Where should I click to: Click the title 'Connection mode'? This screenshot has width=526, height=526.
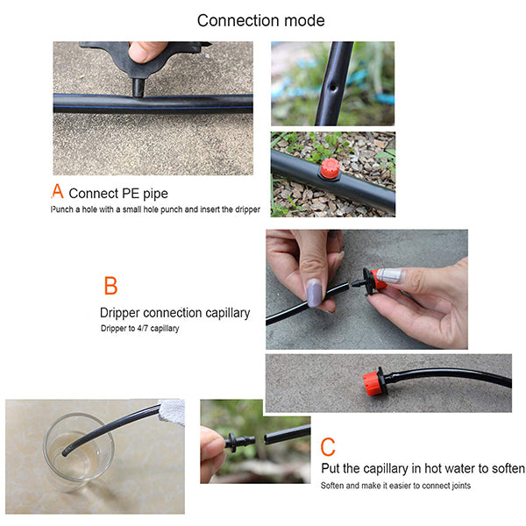(x=260, y=20)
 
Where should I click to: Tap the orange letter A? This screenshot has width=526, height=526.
(x=58, y=191)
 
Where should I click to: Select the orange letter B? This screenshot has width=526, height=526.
(x=110, y=286)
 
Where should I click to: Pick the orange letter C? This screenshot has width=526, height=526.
(x=328, y=446)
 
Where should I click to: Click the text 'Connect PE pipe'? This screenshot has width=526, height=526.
(x=118, y=194)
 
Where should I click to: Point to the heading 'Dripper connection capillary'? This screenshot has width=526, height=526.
(x=174, y=312)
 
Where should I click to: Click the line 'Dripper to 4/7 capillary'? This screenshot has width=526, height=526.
(x=146, y=329)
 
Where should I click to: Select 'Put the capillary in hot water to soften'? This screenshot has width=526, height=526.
(x=423, y=468)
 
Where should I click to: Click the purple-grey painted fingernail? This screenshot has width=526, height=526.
(x=314, y=291)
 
